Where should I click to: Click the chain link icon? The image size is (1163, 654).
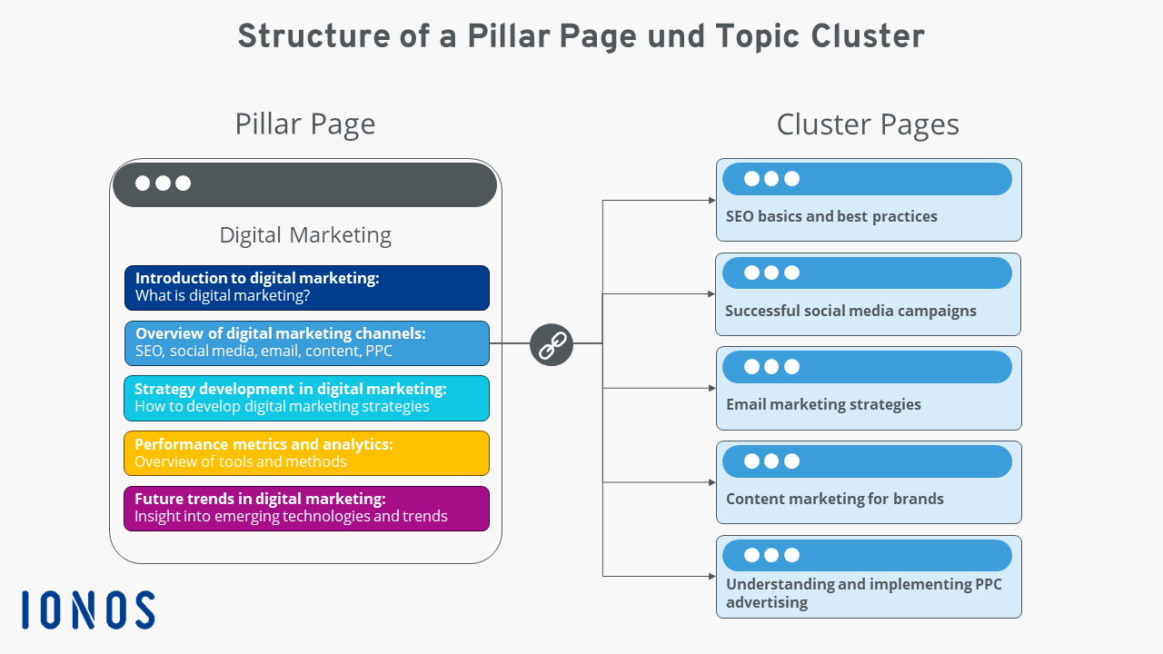click(x=552, y=344)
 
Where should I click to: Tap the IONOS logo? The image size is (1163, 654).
click(x=88, y=609)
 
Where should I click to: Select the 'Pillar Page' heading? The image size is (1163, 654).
click(x=304, y=124)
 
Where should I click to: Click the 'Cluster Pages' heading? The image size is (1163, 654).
click(x=867, y=124)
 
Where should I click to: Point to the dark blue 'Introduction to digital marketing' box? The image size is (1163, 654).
click(x=306, y=288)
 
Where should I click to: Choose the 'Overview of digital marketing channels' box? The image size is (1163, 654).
click(x=306, y=342)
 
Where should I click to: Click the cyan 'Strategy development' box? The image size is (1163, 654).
click(x=306, y=398)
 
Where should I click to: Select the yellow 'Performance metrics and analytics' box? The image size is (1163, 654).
click(x=306, y=453)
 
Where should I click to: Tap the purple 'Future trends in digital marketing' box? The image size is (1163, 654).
click(x=306, y=509)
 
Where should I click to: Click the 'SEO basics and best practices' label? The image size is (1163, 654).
click(x=831, y=217)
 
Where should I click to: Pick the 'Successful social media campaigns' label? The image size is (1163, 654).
click(x=850, y=311)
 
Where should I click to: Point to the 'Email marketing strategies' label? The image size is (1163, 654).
click(x=823, y=404)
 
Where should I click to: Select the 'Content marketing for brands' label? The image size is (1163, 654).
click(x=834, y=499)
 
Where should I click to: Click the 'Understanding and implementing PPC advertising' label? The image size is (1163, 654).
click(x=863, y=593)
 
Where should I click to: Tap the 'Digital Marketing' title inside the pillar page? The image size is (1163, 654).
click(x=305, y=235)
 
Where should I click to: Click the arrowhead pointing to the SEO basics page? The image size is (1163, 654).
click(x=711, y=200)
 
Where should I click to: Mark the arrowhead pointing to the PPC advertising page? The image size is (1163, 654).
click(x=711, y=576)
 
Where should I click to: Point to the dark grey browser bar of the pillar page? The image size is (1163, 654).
click(x=305, y=184)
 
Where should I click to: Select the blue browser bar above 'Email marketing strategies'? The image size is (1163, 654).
click(x=867, y=367)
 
